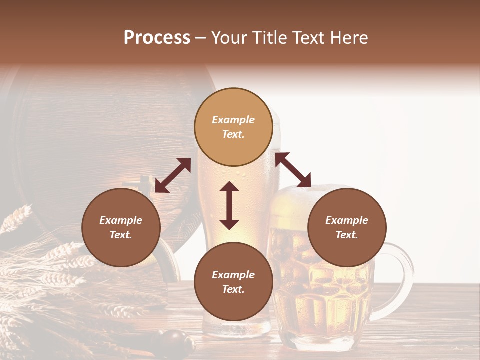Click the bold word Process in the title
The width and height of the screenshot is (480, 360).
[157, 38]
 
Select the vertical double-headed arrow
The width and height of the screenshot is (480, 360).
[229, 205]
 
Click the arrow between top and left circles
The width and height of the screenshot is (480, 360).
[173, 175]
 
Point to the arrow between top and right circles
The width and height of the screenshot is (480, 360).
[293, 170]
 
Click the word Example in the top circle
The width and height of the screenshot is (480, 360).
[233, 120]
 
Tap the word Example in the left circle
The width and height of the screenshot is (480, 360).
[121, 220]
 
